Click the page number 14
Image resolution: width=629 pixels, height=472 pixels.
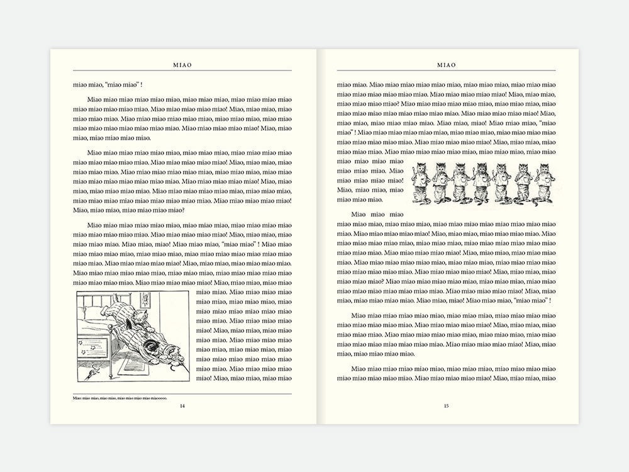[182, 406]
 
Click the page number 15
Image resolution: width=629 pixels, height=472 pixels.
[446, 406]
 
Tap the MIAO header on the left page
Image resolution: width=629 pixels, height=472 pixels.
[182, 65]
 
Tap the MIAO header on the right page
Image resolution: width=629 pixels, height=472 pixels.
[447, 65]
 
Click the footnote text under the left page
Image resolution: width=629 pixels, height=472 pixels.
[120, 398]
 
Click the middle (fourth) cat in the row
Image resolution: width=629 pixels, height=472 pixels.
[481, 183]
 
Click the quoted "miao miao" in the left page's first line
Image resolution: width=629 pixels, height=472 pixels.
[122, 85]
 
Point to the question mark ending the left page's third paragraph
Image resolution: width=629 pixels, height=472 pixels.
[182, 210]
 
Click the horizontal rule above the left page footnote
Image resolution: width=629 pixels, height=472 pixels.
[182, 394]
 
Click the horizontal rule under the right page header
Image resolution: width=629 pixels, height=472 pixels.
[446, 70]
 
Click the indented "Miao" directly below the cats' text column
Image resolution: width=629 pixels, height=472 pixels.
[359, 215]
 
